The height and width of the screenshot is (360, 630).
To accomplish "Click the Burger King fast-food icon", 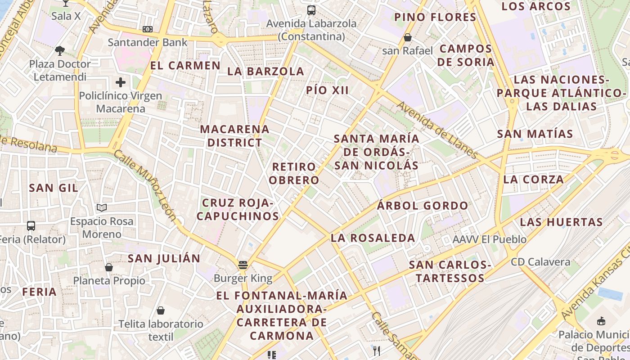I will click(243, 265).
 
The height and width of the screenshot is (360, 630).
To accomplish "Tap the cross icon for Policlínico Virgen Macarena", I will click(120, 82).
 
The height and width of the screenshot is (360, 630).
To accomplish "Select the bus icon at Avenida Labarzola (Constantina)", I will click(311, 10).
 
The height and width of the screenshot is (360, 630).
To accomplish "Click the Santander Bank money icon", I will click(147, 29).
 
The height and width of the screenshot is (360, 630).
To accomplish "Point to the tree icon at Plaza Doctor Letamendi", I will click(59, 50).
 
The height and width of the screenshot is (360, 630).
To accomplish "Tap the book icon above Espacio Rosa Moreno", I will click(102, 208).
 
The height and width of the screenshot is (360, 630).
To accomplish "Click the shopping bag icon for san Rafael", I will click(407, 37).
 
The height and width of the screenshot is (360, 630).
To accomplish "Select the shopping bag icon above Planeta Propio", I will click(109, 267).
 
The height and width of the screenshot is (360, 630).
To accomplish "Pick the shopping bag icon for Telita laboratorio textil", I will click(161, 310).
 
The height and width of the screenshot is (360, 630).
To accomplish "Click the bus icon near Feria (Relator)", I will click(31, 226).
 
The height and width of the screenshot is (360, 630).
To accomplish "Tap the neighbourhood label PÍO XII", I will click(327, 90).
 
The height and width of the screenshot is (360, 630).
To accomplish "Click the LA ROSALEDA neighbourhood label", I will click(373, 238).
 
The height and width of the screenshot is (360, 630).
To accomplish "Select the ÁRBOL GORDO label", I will click(423, 206).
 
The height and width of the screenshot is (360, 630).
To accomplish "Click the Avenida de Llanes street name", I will click(437, 130).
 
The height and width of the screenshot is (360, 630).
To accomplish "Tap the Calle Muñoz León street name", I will click(145, 185).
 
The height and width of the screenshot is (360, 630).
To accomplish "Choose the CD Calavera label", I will click(540, 262).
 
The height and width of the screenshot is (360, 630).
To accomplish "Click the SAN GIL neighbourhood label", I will click(54, 188).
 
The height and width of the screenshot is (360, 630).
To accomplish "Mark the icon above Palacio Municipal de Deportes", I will click(601, 321).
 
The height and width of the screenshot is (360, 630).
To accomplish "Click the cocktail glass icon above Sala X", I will click(66, 4).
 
